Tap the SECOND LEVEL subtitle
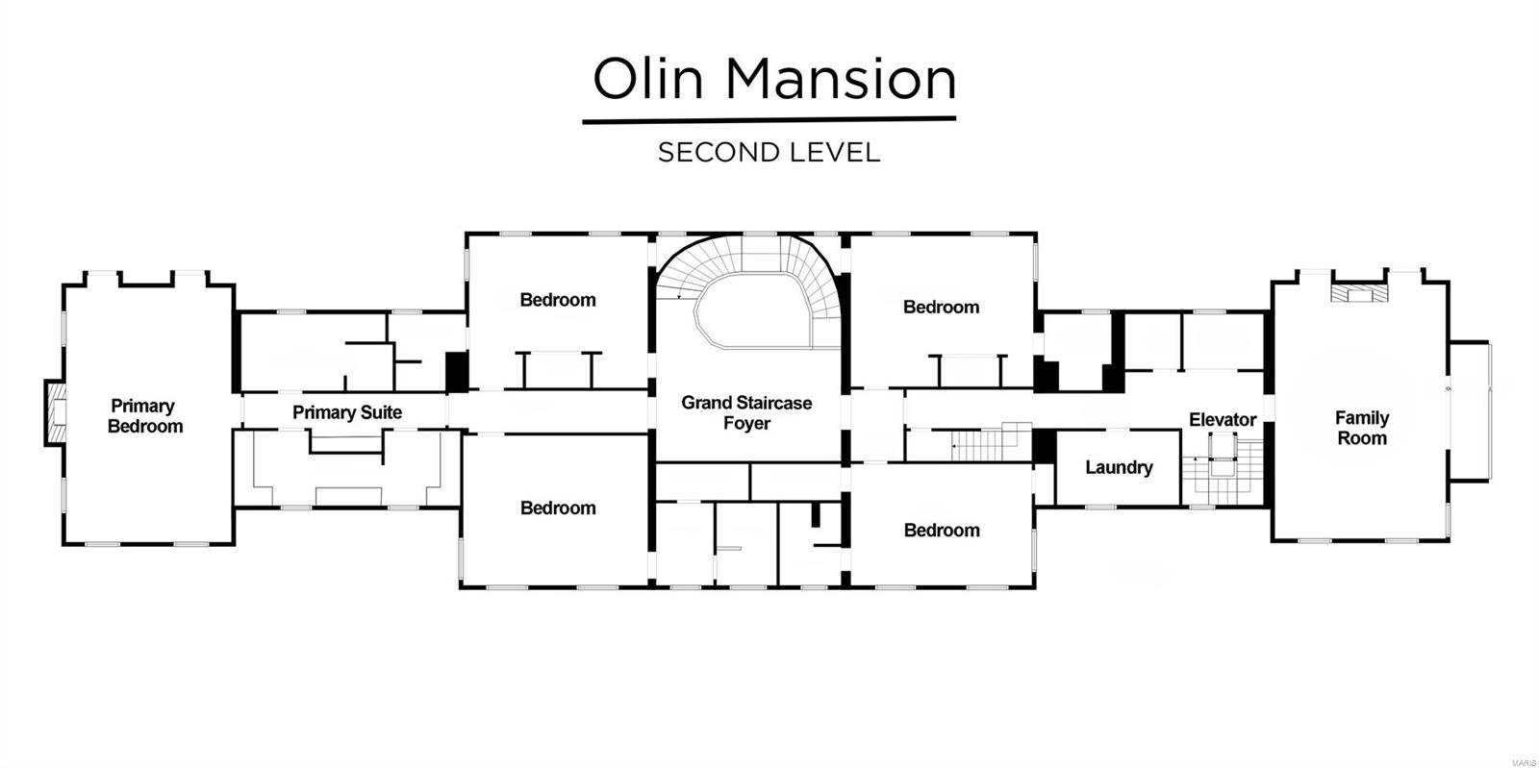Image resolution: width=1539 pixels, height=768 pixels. coord(769,153)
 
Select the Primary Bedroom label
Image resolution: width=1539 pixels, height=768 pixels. coord(145,416)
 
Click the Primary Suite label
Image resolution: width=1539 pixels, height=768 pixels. coord(347,412)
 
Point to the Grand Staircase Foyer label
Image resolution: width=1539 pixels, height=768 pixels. coord(746,412)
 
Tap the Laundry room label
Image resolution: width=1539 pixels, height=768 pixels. coord(1120,467)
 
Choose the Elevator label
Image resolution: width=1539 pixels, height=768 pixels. coord(1223,419)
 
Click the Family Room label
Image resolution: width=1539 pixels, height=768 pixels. coord(1362,428)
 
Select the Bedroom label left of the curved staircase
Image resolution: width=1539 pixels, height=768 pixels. coord(558,300)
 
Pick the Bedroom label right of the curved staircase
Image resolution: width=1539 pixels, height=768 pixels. coord(942,307)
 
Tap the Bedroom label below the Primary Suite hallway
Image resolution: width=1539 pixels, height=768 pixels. coord(558,508)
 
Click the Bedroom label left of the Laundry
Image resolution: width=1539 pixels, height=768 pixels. coord(942,530)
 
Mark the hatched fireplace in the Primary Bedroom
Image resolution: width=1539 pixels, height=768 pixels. coord(56,412)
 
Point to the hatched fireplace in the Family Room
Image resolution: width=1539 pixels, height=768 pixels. coord(1359,293)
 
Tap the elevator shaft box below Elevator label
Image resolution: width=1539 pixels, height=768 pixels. coord(1223,455)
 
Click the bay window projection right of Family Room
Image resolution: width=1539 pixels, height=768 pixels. coord(1471,411)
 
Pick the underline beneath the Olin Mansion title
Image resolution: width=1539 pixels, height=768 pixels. coord(769,121)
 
